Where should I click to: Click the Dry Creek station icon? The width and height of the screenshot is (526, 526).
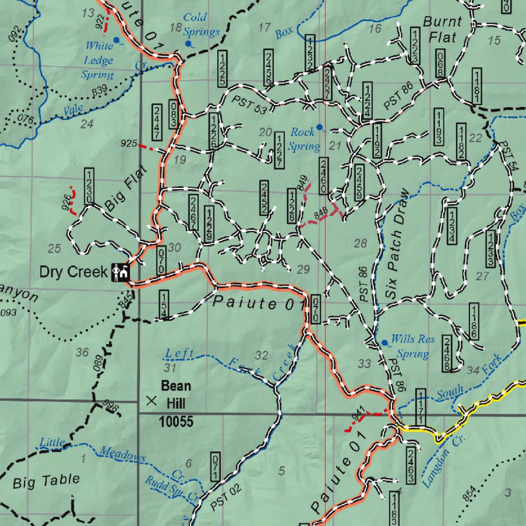pos(120,272)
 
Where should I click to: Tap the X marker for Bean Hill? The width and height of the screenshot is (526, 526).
pos(152,401)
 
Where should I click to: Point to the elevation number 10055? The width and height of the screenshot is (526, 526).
pos(176,422)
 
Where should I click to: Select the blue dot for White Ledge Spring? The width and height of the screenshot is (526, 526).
pos(117,40)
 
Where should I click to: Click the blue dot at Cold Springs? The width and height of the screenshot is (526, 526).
pos(188,44)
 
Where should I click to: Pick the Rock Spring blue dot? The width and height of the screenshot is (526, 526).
pos(319,126)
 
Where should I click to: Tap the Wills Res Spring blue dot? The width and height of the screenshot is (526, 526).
pos(384,343)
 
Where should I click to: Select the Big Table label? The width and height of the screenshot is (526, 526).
pos(46,481)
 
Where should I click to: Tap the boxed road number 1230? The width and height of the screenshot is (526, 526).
pos(88,186)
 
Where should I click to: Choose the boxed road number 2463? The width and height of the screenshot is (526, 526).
pos(410,465)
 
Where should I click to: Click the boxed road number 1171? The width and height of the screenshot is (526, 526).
pos(420,407)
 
